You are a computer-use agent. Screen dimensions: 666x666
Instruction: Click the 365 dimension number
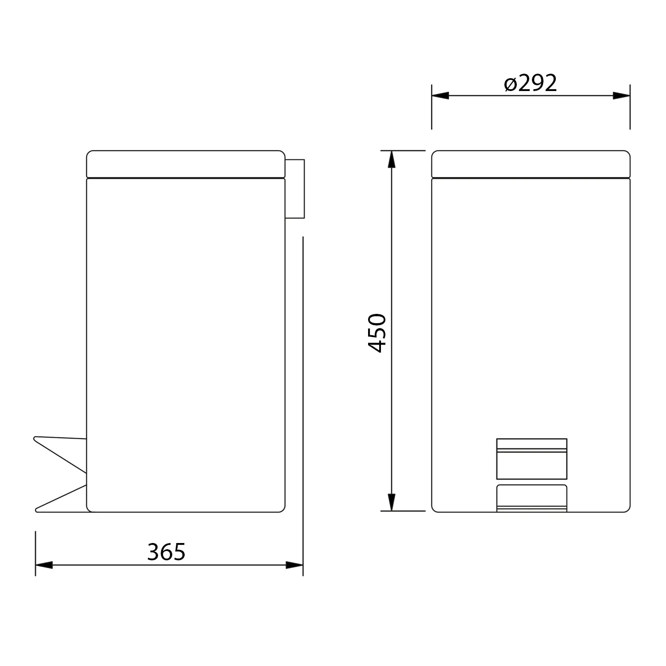point(166,552)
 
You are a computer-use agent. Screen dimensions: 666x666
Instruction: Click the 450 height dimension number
point(377,333)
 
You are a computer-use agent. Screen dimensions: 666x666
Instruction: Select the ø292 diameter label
point(531,83)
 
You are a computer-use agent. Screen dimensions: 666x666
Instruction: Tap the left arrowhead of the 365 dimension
point(44,565)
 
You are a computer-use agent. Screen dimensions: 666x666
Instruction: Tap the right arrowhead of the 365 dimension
point(295,565)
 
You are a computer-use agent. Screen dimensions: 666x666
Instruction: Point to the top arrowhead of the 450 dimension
point(391,159)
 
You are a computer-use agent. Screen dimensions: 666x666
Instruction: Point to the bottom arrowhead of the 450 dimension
point(391,502)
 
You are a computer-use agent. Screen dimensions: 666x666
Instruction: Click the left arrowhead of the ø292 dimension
point(440,95)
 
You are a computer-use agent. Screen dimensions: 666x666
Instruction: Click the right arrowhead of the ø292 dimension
point(622,95)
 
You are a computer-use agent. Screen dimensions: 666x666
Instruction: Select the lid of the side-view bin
point(186,164)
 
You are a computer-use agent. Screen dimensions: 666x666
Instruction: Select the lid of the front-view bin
point(531,164)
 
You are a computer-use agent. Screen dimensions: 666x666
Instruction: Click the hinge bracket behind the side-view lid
point(295,189)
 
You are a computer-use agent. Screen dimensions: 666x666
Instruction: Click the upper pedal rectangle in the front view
point(531,459)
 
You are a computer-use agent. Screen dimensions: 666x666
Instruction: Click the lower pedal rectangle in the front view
point(531,498)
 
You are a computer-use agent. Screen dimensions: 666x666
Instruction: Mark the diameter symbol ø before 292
point(511,84)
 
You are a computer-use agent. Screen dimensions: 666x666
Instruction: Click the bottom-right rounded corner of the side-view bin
point(281,508)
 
